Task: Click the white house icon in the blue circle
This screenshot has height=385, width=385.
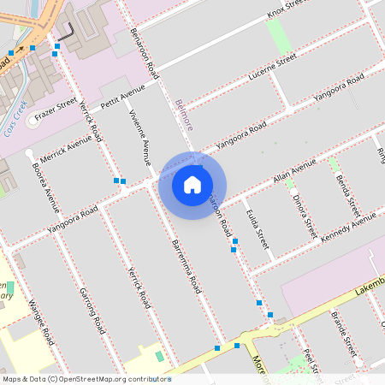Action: pyautogui.click(x=192, y=184)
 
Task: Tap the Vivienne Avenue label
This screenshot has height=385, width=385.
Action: pyautogui.click(x=139, y=137)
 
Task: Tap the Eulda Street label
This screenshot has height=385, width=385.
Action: pyautogui.click(x=258, y=228)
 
